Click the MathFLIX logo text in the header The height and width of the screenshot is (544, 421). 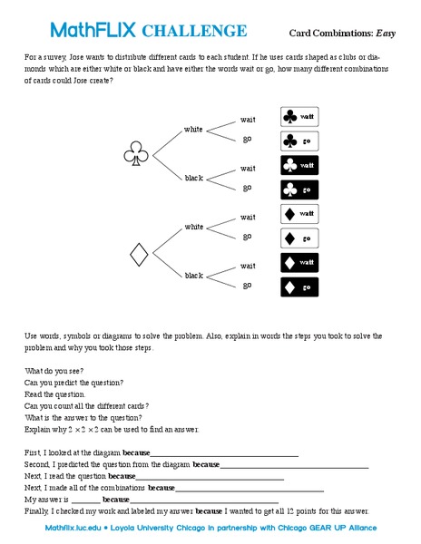pyautogui.click(x=93, y=31)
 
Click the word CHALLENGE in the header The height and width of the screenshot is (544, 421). pyautogui.click(x=194, y=32)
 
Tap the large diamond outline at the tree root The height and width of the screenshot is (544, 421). pyautogui.click(x=139, y=254)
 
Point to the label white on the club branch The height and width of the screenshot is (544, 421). pyautogui.click(x=194, y=129)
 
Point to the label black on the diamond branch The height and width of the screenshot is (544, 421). pyautogui.click(x=194, y=275)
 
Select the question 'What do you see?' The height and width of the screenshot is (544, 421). pyautogui.click(x=54, y=371)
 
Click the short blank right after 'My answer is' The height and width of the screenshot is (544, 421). pyautogui.click(x=85, y=500)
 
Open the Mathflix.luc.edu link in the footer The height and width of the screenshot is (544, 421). pyautogui.click(x=73, y=526)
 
